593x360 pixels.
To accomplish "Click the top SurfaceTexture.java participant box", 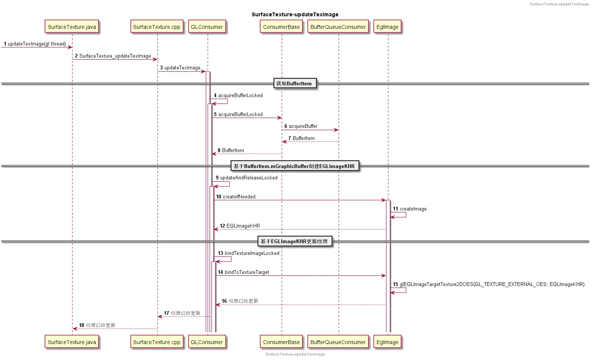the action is (x=72, y=27).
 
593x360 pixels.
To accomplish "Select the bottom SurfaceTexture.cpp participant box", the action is (x=157, y=342).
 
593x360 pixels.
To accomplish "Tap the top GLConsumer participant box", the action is (x=207, y=27).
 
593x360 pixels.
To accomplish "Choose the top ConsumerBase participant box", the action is (x=281, y=27).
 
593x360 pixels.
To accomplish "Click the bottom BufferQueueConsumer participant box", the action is (x=338, y=342).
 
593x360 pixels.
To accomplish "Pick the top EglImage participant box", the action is (x=387, y=27).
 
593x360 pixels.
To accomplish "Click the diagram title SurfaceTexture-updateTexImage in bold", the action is (x=295, y=14).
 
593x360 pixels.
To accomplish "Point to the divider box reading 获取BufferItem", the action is (x=295, y=83).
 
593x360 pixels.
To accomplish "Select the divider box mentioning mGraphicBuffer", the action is (x=295, y=166).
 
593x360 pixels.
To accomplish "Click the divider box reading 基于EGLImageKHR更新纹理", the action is (x=295, y=241).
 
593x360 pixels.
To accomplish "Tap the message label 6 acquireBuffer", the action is (x=301, y=126).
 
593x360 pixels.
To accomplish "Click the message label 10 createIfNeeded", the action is (x=236, y=197).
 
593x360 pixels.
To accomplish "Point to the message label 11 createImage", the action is (x=410, y=209).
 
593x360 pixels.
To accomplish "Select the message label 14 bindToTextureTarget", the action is (x=243, y=272).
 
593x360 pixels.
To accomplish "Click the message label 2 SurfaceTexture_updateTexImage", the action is (x=113, y=56).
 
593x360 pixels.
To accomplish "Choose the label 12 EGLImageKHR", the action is (x=240, y=226).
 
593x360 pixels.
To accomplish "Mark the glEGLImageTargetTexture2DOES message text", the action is (x=492, y=284).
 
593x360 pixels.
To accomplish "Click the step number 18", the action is (x=82, y=325).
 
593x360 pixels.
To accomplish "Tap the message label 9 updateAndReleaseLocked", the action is (x=246, y=178).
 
